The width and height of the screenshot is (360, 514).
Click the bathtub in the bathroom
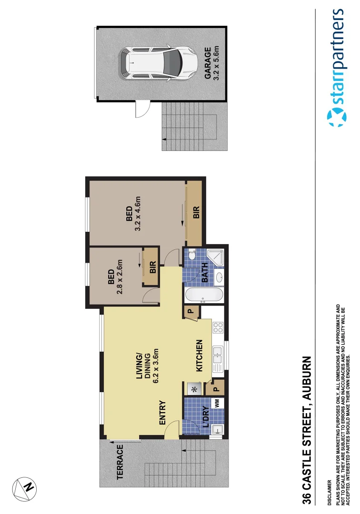[203, 295]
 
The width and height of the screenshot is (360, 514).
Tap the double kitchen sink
[217, 353]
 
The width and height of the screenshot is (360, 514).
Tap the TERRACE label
[120, 462]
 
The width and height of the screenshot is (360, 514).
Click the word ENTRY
[161, 412]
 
